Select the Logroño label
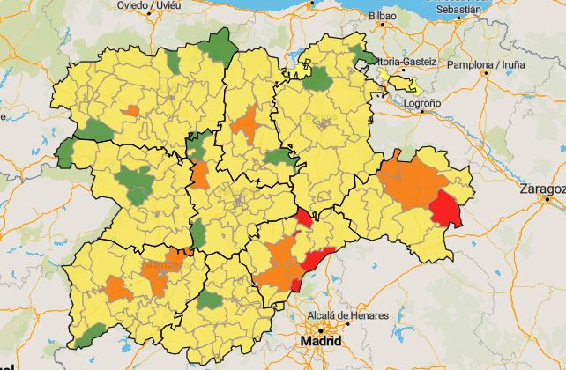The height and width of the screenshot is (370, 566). click(421, 103)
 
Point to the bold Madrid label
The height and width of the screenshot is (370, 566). click(318, 340)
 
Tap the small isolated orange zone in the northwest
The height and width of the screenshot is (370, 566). click(132, 111)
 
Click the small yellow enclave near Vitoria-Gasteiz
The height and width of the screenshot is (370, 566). click(405, 85)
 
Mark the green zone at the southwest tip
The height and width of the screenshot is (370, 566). click(91, 335)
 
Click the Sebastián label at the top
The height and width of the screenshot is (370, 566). click(458, 8)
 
